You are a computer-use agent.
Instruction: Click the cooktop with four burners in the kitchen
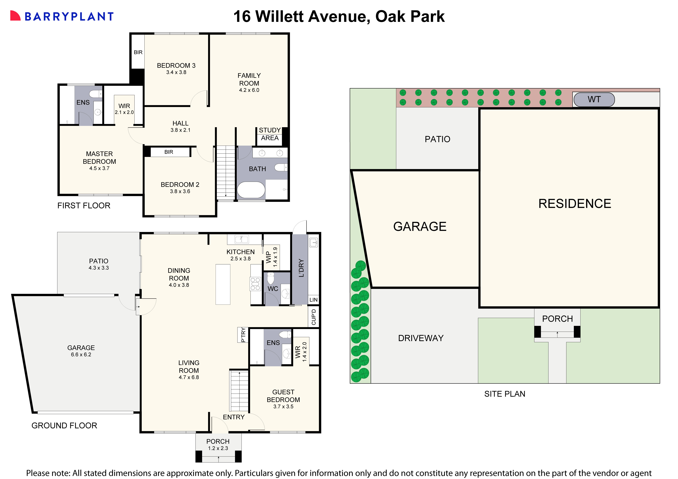click(x=255, y=284)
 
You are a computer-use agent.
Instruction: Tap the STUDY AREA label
click(x=270, y=134)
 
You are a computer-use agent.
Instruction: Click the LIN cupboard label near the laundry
click(x=313, y=300)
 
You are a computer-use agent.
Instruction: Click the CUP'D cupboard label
click(x=314, y=317)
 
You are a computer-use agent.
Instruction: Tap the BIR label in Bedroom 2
click(x=169, y=152)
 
